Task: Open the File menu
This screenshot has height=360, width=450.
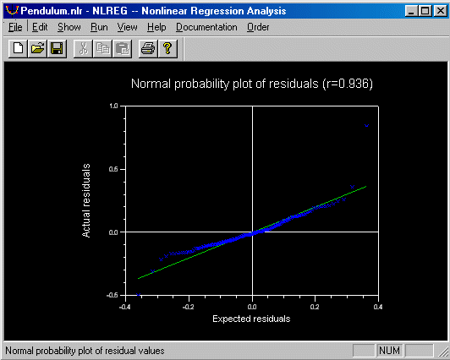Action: click(x=15, y=27)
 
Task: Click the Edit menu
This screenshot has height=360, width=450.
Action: click(x=40, y=27)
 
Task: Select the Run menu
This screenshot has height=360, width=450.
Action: click(x=99, y=27)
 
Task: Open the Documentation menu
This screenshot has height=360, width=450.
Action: click(x=206, y=27)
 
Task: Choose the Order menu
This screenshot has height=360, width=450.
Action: click(x=258, y=27)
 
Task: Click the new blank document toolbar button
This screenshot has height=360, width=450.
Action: click(x=18, y=48)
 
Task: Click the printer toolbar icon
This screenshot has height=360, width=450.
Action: click(x=148, y=48)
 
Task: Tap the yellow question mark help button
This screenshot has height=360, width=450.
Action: click(x=167, y=48)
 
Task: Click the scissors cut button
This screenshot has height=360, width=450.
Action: click(x=83, y=48)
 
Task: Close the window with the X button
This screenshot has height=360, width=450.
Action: click(x=440, y=11)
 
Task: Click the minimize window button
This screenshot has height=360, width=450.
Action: click(x=412, y=11)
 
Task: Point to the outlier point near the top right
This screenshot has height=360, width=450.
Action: click(x=366, y=126)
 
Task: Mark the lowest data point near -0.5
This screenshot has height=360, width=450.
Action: click(x=138, y=295)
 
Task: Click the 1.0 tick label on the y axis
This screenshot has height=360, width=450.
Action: click(x=113, y=106)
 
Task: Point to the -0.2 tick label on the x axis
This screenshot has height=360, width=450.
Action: click(x=188, y=307)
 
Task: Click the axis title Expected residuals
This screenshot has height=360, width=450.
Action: click(x=251, y=319)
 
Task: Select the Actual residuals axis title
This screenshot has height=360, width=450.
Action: click(x=86, y=200)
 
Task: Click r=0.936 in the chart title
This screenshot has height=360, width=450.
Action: click(x=348, y=84)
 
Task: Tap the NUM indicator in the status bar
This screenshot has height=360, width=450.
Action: click(x=389, y=351)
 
